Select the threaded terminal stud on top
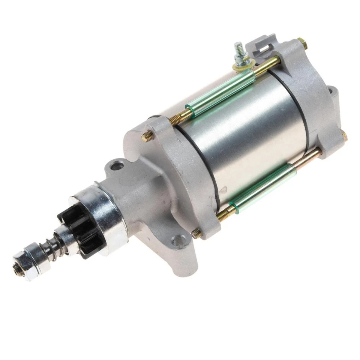238,50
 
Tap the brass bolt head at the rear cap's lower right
343,136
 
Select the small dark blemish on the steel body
223,187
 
